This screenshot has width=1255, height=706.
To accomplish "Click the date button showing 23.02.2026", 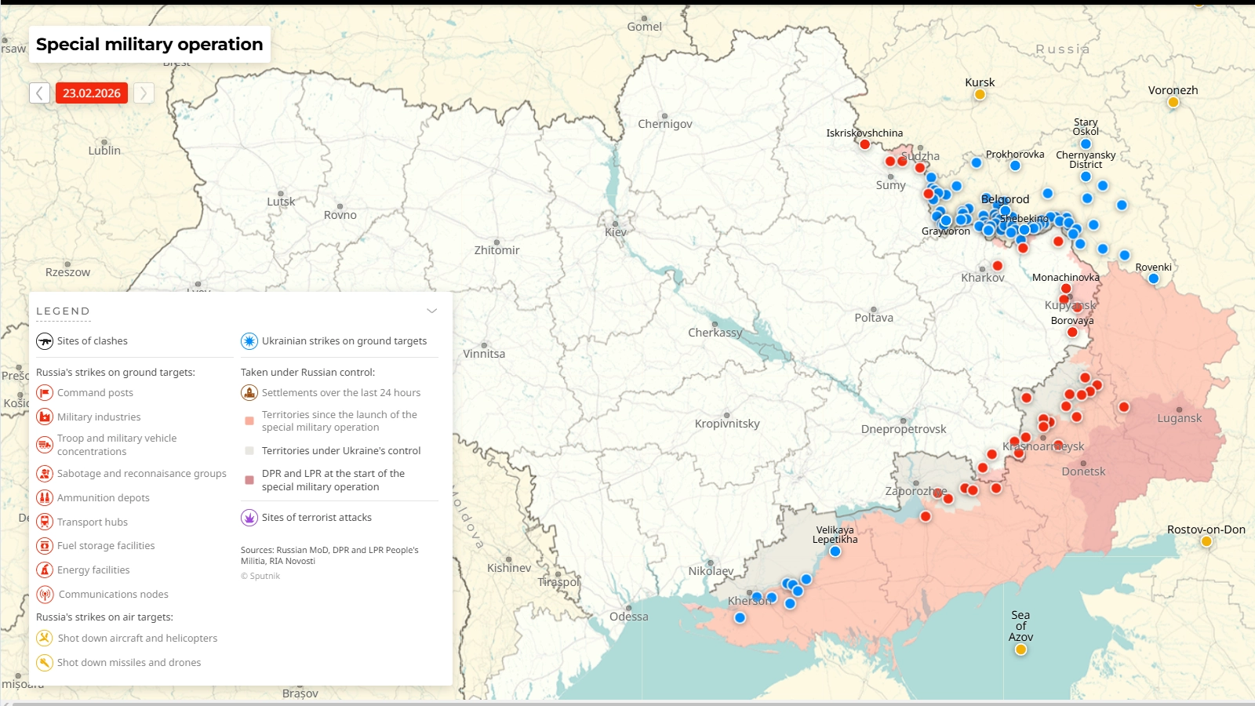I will (x=92, y=93).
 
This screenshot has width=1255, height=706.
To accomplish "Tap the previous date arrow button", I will (x=40, y=93).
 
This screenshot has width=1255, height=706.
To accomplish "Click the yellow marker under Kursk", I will (x=980, y=95).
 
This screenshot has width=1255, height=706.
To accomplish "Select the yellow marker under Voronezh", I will (x=1173, y=102).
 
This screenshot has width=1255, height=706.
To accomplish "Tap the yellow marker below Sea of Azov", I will (x=1020, y=650).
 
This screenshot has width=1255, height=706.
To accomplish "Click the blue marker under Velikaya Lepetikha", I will (x=835, y=551).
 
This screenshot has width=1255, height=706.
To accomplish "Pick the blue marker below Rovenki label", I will (x=1154, y=278).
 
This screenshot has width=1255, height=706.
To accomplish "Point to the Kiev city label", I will (x=616, y=232).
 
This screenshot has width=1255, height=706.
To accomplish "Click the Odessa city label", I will (x=629, y=617).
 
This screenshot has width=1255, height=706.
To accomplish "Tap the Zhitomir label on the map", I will (x=497, y=250).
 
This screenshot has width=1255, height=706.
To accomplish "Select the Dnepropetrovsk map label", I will (x=904, y=429).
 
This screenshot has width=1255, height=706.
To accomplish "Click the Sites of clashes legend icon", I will (x=45, y=341).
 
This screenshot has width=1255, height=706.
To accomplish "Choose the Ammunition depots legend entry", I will (x=103, y=497).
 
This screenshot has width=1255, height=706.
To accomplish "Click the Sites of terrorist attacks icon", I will (x=249, y=518).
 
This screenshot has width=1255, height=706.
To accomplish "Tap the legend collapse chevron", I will (x=431, y=311).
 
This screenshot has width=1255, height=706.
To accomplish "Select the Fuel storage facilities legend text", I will (x=106, y=546).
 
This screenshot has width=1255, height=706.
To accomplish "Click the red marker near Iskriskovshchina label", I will (x=865, y=144).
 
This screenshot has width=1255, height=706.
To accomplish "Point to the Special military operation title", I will (x=149, y=45).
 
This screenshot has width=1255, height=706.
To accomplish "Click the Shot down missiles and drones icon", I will (x=45, y=663).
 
